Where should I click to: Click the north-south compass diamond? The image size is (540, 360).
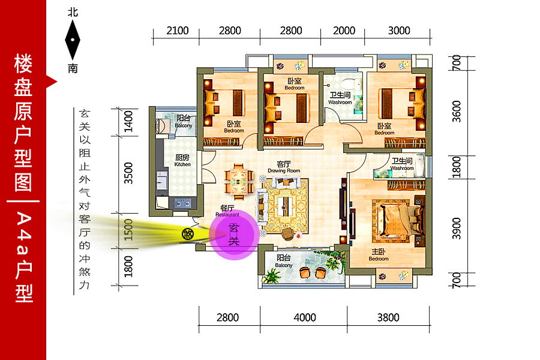tap(73, 40)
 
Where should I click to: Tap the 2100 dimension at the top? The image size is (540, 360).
tap(178, 31)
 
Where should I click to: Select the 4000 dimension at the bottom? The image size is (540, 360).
tap(304, 317)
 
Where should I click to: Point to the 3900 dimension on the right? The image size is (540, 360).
tap(457, 228)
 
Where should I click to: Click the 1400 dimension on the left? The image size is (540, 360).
tap(128, 121)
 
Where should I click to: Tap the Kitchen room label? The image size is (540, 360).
tap(182, 160)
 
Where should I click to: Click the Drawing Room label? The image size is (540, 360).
tap(284, 167)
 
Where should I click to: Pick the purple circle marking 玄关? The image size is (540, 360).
tap(234, 235)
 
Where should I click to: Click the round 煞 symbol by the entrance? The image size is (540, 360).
tap(188, 234)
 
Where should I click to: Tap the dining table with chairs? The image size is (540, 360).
tap(239, 182)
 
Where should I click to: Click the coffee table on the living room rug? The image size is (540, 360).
tap(284, 206)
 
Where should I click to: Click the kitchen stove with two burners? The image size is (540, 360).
tap(182, 203)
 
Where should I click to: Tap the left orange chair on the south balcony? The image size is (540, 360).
tap(304, 272)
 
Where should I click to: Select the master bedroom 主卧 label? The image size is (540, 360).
tap(378, 255)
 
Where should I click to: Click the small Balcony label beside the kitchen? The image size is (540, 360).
tap(183, 121)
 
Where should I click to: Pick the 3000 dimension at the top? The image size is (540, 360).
tap(399, 31)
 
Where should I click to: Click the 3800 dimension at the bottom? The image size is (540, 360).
tap(388, 317)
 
